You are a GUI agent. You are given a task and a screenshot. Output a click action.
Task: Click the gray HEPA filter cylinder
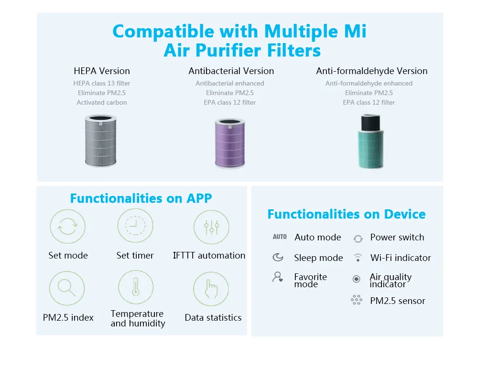coord(101,141)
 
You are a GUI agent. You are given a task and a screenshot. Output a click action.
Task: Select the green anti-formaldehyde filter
coord(371,142)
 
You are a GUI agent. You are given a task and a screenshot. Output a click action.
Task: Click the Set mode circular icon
coord(67,227)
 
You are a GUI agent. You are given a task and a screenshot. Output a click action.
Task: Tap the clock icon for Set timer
coord(135,226)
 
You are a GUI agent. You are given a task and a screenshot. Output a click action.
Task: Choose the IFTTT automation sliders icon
coord(211,227)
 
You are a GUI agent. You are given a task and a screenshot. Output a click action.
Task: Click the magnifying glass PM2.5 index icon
coord(67,288)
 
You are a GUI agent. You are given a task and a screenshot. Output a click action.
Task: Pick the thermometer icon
coord(136,287)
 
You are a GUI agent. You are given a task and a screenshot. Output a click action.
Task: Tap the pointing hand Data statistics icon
coord(211,289)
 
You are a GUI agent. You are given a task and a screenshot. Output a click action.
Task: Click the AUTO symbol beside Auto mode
coord(280,237)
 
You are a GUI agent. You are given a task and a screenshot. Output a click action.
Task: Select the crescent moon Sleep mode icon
coord(278,258)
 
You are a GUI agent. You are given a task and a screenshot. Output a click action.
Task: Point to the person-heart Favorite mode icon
coord(278,277)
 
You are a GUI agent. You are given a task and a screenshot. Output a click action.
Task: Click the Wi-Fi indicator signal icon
coord(358,258)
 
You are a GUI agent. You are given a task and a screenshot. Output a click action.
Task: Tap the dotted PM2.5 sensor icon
coord(357,300)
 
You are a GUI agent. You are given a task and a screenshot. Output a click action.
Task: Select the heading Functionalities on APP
coord(141,198)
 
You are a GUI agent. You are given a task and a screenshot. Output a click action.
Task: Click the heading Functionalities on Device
coord(346,214)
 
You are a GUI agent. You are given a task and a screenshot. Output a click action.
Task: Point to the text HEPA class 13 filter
coord(102,83)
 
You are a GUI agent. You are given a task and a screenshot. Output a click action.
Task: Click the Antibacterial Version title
coord(231,71)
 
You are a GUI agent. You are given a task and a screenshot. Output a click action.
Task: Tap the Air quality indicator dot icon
coord(356,279)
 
